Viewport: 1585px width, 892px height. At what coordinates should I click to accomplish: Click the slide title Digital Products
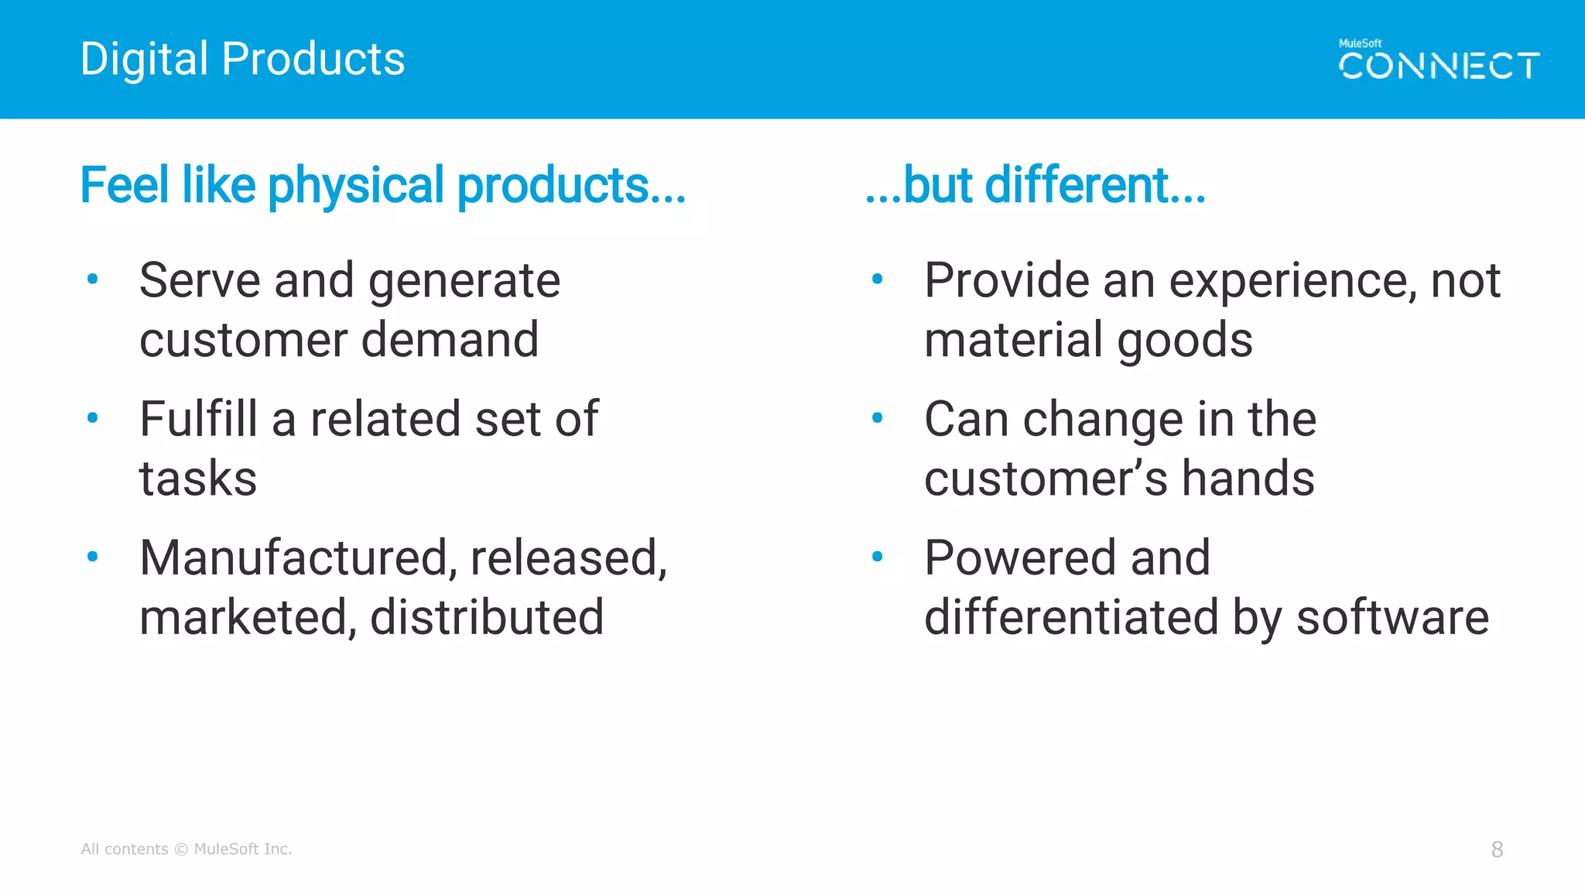(x=242, y=59)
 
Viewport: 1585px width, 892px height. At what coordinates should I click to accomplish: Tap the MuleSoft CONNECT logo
(x=1439, y=60)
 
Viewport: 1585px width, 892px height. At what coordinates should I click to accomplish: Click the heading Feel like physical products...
(x=382, y=186)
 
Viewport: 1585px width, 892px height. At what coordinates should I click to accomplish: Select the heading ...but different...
(x=1035, y=186)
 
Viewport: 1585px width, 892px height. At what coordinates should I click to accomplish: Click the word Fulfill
(x=198, y=419)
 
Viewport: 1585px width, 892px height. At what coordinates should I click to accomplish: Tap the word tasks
(x=198, y=479)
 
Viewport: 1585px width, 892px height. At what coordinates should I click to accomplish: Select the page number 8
(x=1497, y=849)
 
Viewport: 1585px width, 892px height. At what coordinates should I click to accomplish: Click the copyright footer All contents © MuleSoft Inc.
(x=187, y=849)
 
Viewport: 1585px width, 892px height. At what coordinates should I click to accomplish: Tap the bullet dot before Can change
(x=877, y=418)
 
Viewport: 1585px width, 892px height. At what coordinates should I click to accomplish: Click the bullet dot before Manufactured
(x=93, y=557)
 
